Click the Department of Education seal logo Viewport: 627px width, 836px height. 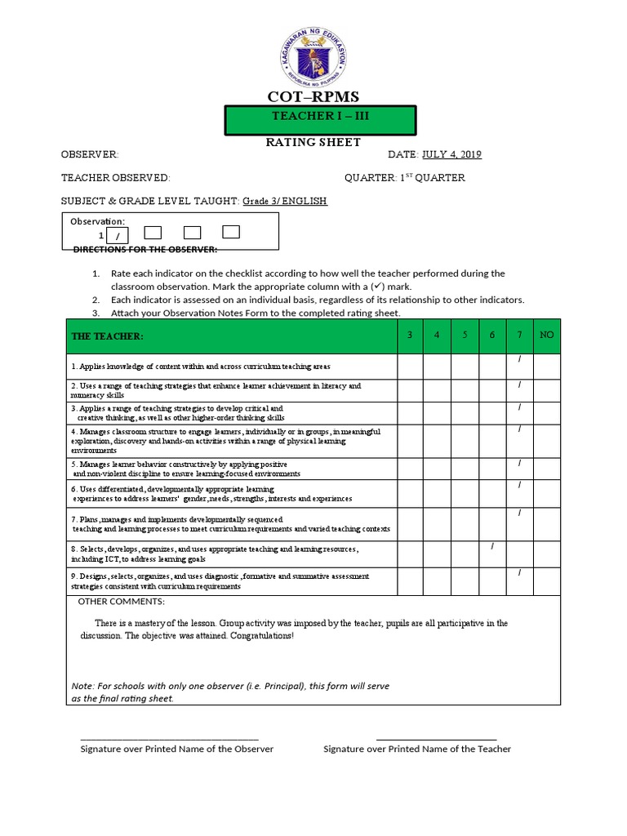(x=314, y=55)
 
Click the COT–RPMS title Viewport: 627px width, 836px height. (x=313, y=98)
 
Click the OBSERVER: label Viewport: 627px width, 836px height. (x=90, y=155)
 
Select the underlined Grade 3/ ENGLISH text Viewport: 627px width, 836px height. (x=285, y=201)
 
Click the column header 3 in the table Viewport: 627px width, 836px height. (x=410, y=336)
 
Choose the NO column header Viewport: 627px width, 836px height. (x=547, y=336)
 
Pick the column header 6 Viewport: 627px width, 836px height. (x=491, y=336)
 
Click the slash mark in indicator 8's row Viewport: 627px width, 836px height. (x=492, y=546)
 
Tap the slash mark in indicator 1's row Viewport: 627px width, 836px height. (x=519, y=360)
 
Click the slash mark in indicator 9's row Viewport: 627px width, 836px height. (x=519, y=574)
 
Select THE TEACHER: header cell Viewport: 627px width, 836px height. (x=107, y=336)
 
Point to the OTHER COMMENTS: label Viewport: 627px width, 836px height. (x=121, y=602)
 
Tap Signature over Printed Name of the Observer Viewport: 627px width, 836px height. (x=176, y=749)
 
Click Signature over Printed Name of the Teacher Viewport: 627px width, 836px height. (x=417, y=749)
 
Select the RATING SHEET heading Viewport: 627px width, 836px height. (x=313, y=142)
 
